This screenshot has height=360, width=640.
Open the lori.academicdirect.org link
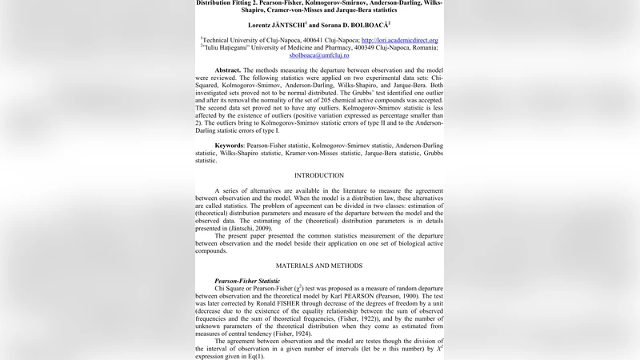coord(399,40)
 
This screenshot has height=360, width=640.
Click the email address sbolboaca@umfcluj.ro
coord(319,56)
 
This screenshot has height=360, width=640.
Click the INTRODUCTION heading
coord(319,175)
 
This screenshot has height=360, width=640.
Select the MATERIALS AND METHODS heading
coord(319,266)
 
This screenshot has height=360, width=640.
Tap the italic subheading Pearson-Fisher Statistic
coord(247,281)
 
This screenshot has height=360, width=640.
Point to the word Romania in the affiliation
coord(422,48)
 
